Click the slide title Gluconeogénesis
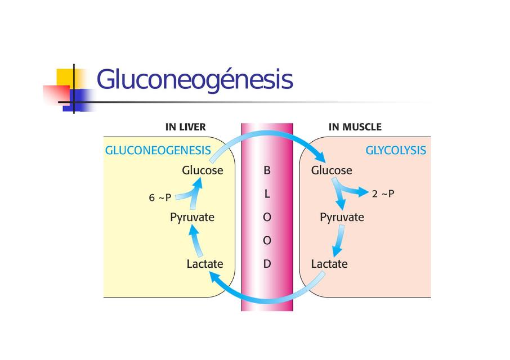195,80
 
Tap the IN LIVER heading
185,127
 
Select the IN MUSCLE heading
355,127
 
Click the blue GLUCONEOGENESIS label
158,151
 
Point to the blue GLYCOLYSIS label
396,151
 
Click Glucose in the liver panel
202,170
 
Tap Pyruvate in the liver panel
192,217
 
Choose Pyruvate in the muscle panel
342,217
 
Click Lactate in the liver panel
205,263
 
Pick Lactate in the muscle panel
329,263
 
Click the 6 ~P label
160,198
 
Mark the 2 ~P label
383,193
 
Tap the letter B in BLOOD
267,170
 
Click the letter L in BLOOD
267,193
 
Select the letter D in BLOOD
267,263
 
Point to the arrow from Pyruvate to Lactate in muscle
338,241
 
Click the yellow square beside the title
66,77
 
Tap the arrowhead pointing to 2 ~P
363,193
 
